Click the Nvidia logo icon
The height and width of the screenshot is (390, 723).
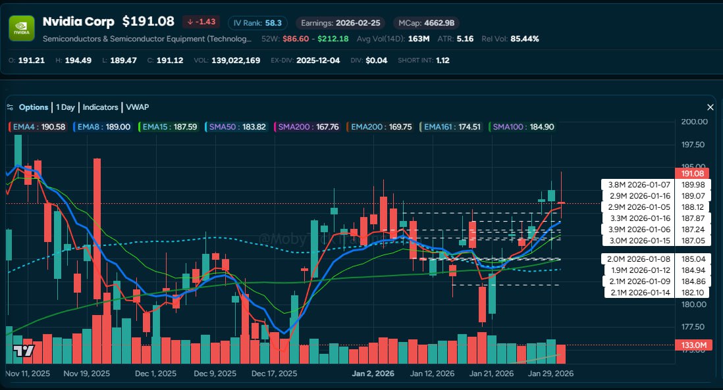(21, 28)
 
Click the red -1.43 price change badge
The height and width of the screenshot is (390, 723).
(201, 22)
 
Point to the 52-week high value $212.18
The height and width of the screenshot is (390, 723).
(333, 39)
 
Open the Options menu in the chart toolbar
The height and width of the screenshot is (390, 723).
(33, 107)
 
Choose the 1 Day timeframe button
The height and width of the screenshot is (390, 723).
(65, 107)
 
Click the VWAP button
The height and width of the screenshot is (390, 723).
(138, 107)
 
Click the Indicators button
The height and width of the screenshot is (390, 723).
(100, 107)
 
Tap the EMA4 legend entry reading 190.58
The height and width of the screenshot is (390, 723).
(38, 127)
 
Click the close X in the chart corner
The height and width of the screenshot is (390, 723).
(710, 107)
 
